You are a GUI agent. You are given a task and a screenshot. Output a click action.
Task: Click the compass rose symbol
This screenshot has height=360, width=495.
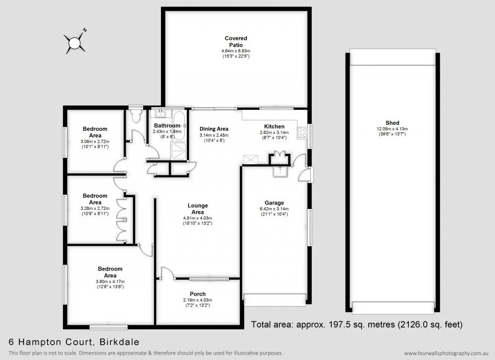75,43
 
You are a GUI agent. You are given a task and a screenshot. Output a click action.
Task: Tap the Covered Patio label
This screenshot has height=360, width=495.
236,42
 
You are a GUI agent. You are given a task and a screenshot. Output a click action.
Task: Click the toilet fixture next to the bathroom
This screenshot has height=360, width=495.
135,114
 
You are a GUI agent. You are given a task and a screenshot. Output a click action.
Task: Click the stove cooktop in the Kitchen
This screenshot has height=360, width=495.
301,132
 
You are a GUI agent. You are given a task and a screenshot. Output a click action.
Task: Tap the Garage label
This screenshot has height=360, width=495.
274,203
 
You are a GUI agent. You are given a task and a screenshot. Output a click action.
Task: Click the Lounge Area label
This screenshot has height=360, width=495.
198,208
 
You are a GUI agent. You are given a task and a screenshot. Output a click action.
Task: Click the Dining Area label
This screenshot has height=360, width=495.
213,129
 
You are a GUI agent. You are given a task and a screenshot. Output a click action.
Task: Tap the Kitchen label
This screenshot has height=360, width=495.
274,126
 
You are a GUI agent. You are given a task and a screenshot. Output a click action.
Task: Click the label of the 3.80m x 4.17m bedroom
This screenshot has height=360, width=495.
110,272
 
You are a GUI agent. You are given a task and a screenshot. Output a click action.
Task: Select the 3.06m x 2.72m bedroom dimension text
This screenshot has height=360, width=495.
95,141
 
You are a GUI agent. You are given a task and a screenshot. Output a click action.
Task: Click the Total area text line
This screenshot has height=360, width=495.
356,325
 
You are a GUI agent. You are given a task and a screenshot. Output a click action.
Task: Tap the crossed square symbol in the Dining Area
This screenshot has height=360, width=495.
250,159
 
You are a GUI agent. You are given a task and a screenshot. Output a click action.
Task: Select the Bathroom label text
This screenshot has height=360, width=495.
167,126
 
